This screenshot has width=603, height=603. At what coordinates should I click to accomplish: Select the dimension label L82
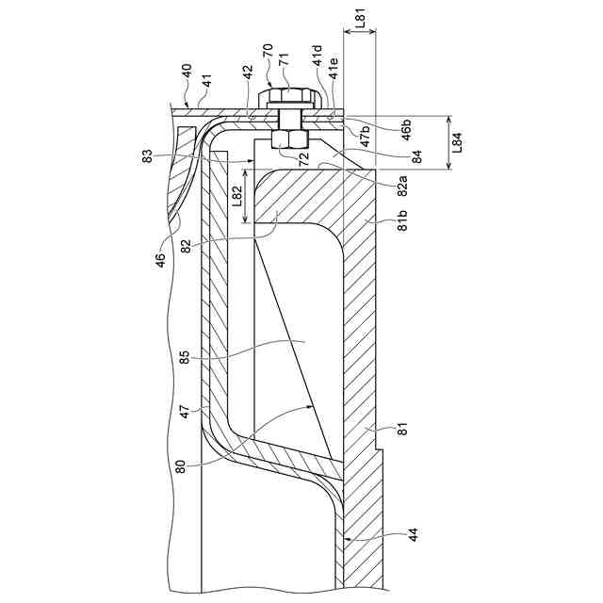pyautogui.click(x=238, y=195)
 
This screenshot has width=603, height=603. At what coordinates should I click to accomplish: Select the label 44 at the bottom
pyautogui.click(x=415, y=534)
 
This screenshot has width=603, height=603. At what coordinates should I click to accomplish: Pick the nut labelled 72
pyautogui.click(x=286, y=139)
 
